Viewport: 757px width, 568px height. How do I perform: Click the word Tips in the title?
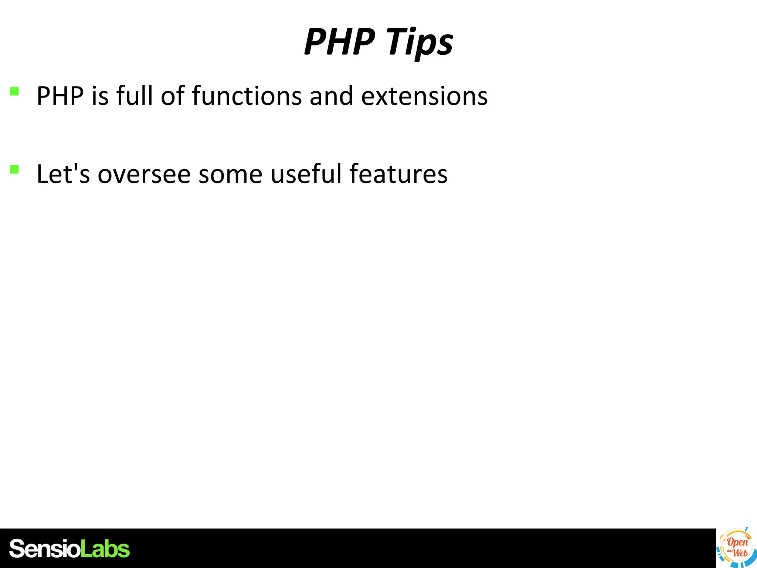click(419, 42)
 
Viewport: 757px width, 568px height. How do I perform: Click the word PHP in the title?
click(339, 42)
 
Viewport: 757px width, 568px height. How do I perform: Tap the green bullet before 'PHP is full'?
click(14, 91)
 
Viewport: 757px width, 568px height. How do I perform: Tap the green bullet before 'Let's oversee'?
click(14, 169)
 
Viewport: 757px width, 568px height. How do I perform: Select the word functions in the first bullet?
click(247, 96)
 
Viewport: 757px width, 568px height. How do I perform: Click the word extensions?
click(424, 96)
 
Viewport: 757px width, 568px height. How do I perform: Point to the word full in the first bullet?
click(134, 96)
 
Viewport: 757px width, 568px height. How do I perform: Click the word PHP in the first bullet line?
click(60, 96)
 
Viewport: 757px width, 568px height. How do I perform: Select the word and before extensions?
click(331, 96)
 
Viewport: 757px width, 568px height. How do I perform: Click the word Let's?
click(63, 174)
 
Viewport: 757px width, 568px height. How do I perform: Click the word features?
click(398, 174)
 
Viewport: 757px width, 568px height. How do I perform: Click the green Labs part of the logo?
click(105, 549)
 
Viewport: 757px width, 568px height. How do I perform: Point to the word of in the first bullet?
click(173, 96)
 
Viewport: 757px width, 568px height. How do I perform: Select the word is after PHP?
click(100, 96)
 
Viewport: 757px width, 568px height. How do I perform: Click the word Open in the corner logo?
click(737, 542)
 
